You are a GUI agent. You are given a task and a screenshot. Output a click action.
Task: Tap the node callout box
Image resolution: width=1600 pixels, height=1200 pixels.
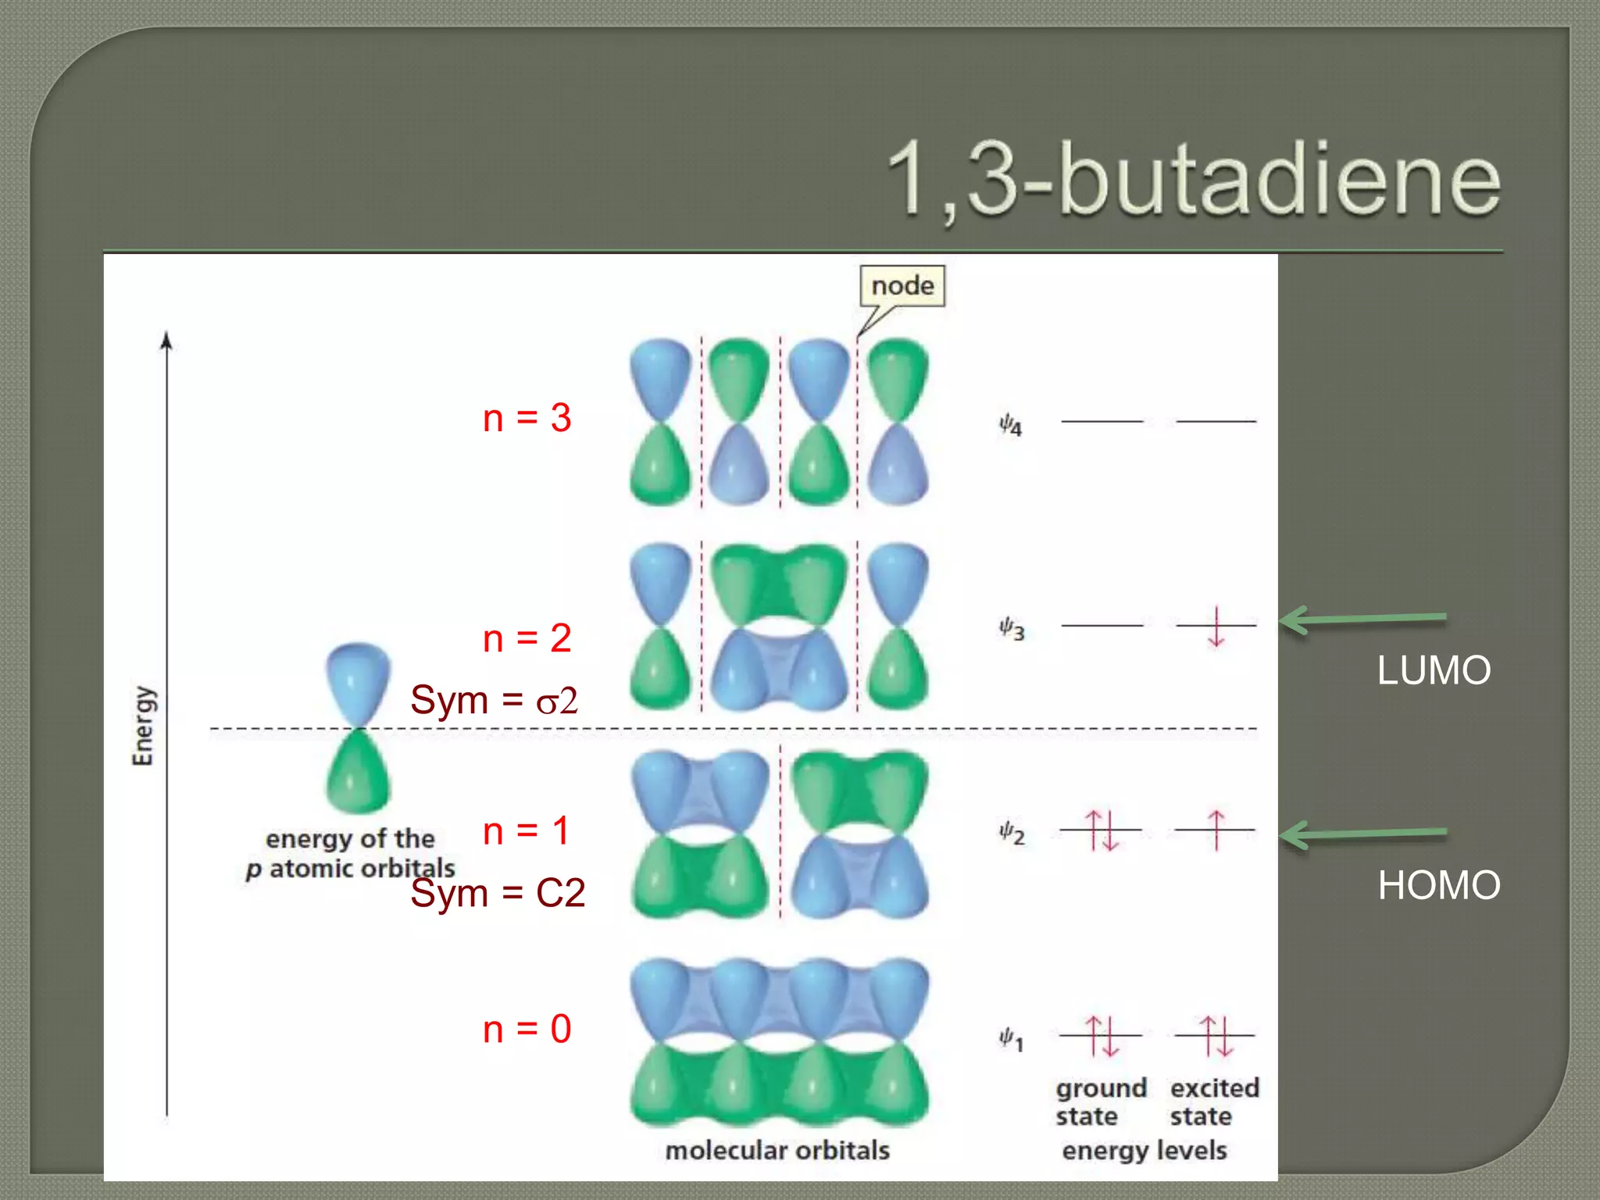(902, 286)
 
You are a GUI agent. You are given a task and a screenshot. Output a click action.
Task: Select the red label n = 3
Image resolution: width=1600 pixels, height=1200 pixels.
(527, 418)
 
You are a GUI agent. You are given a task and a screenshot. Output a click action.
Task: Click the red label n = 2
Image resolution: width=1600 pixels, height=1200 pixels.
(527, 638)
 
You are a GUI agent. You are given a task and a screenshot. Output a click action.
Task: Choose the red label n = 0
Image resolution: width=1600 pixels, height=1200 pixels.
(527, 1029)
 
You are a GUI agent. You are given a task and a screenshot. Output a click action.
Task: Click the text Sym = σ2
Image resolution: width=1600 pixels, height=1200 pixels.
(494, 700)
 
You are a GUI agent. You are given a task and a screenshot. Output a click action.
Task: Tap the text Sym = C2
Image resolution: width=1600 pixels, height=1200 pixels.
(498, 892)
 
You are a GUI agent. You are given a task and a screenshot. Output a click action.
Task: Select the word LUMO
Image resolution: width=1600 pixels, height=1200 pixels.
(1434, 670)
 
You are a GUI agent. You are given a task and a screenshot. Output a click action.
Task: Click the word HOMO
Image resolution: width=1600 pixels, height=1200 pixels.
(1438, 885)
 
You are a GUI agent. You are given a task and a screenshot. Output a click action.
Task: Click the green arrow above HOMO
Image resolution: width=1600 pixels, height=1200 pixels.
(1362, 834)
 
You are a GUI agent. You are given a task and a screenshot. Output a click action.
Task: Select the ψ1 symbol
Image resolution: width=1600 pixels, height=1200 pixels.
(1010, 1039)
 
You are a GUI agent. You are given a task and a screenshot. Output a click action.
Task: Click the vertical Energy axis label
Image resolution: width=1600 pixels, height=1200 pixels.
(143, 726)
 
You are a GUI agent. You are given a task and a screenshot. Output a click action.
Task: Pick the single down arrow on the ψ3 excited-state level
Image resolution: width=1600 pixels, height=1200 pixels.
(1216, 627)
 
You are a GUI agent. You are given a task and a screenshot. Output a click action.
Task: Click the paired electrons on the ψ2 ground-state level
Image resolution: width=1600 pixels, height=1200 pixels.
(1102, 830)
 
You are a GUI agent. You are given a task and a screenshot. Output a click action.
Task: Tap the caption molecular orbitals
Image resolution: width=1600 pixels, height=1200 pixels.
(777, 1150)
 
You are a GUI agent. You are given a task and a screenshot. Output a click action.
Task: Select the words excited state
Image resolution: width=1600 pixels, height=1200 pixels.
(1214, 1102)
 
